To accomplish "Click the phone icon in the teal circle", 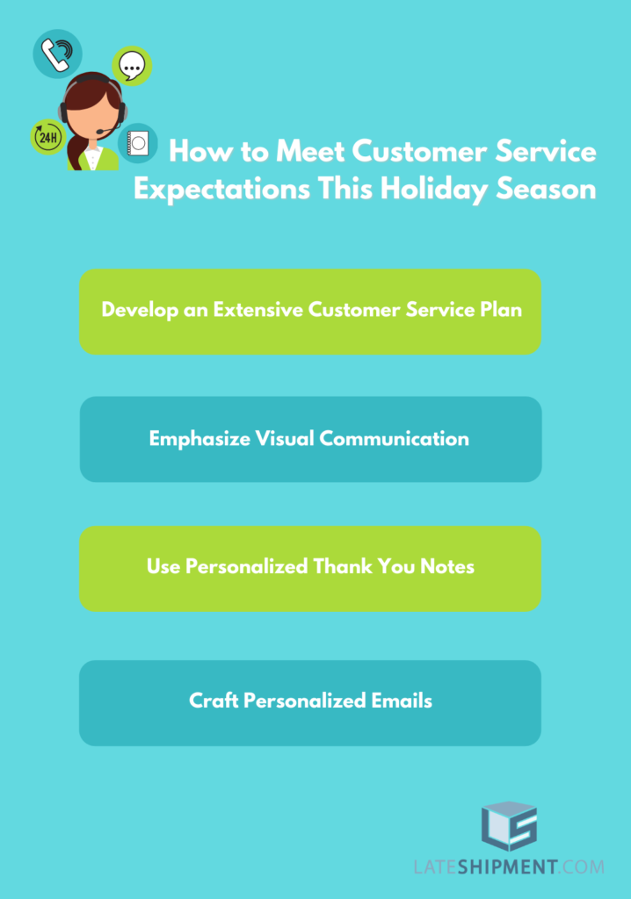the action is click(x=57, y=54).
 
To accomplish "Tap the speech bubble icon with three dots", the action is click(x=132, y=65).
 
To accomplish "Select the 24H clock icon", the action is click(x=47, y=137).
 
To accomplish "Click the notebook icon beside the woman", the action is click(x=138, y=143).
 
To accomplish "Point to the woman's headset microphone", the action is click(x=107, y=130).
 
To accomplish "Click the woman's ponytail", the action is click(x=76, y=150).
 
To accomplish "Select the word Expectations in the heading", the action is click(x=221, y=190).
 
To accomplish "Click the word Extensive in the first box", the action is click(x=257, y=310).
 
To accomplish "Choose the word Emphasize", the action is click(x=199, y=439).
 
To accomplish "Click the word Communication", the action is click(x=394, y=439).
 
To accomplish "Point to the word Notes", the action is click(x=447, y=566).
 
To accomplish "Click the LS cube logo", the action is click(x=509, y=825).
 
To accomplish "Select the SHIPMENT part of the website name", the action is click(x=507, y=867).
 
